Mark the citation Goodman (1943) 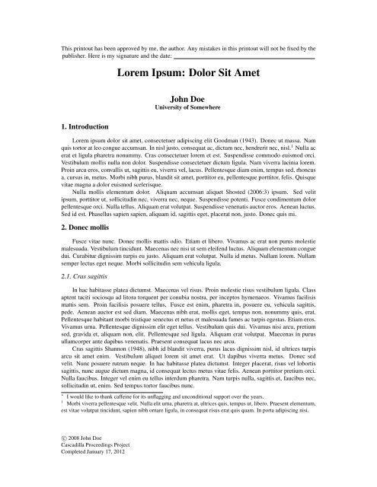click(256, 142)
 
